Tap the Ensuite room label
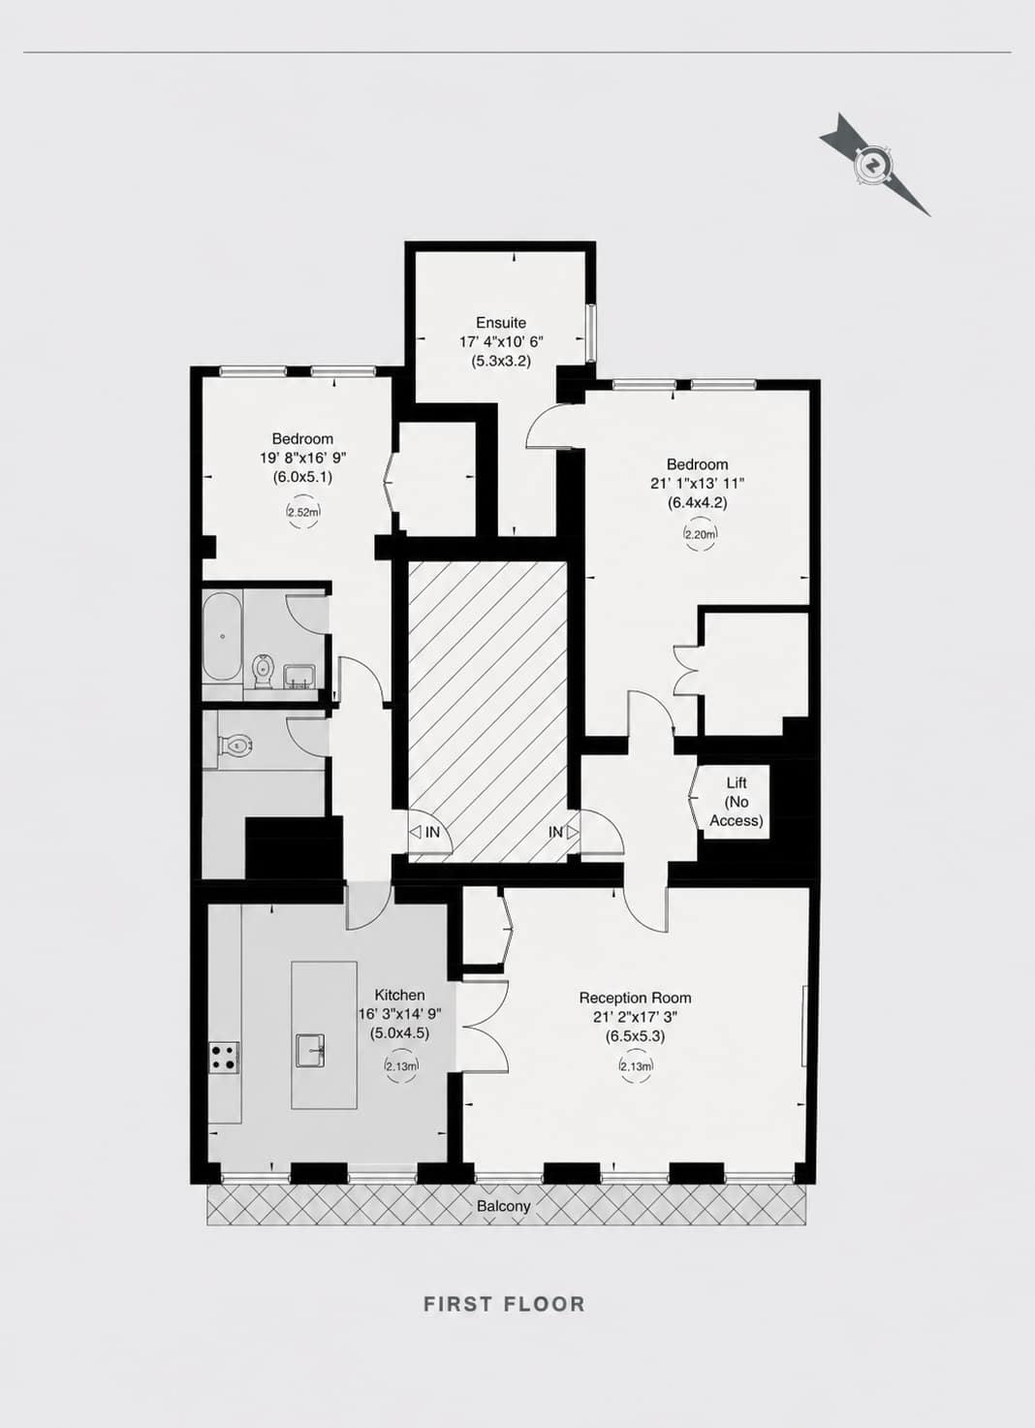tap(501, 323)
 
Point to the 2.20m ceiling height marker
tap(700, 534)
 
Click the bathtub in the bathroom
tap(222, 637)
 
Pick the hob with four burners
tap(224, 1057)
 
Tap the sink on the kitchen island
tap(311, 1050)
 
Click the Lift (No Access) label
tap(737, 802)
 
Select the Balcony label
tap(504, 1206)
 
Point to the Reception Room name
tap(635, 998)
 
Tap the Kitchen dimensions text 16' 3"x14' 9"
tap(399, 1014)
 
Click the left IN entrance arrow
tap(416, 832)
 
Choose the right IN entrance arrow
tap(573, 832)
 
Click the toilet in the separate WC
tap(235, 744)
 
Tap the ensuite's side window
tap(591, 333)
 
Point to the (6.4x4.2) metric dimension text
tap(697, 502)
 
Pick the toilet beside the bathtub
tap(262, 670)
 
